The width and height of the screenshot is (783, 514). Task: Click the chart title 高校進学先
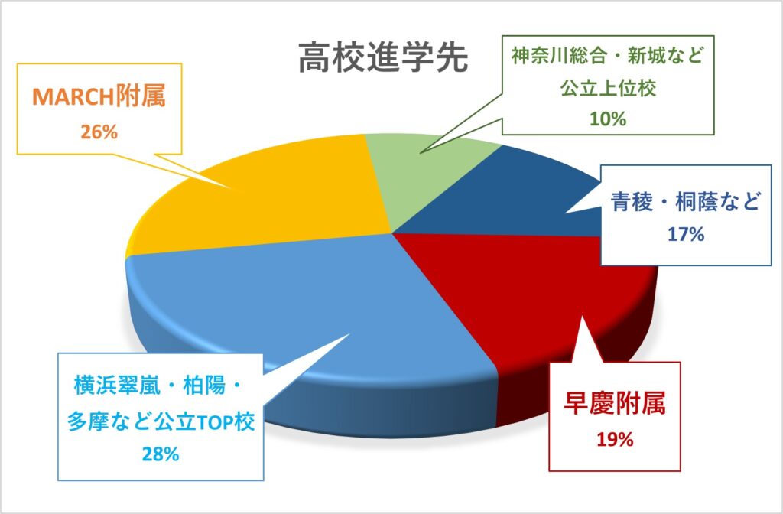pyautogui.click(x=384, y=58)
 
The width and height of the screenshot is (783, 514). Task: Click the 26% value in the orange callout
pyautogui.click(x=99, y=132)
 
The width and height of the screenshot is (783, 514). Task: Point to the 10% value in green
pyautogui.click(x=608, y=119)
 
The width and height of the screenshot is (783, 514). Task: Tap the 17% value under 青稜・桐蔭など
pyautogui.click(x=686, y=234)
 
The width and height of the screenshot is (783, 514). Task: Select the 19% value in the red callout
pyautogui.click(x=615, y=440)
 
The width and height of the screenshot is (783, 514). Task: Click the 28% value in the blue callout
pyautogui.click(x=161, y=454)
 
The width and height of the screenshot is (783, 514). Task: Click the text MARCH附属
pyautogui.click(x=99, y=97)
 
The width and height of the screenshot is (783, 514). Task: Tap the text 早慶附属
pyautogui.click(x=615, y=404)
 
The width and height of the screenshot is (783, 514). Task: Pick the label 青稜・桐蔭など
pyautogui.click(x=685, y=202)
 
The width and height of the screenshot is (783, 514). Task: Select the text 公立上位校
pyautogui.click(x=608, y=89)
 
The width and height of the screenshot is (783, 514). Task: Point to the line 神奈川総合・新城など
pyautogui.click(x=607, y=57)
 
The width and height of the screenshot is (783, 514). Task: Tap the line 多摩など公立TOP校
pyautogui.click(x=161, y=421)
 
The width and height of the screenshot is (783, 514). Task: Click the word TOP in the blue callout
pyautogui.click(x=216, y=422)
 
